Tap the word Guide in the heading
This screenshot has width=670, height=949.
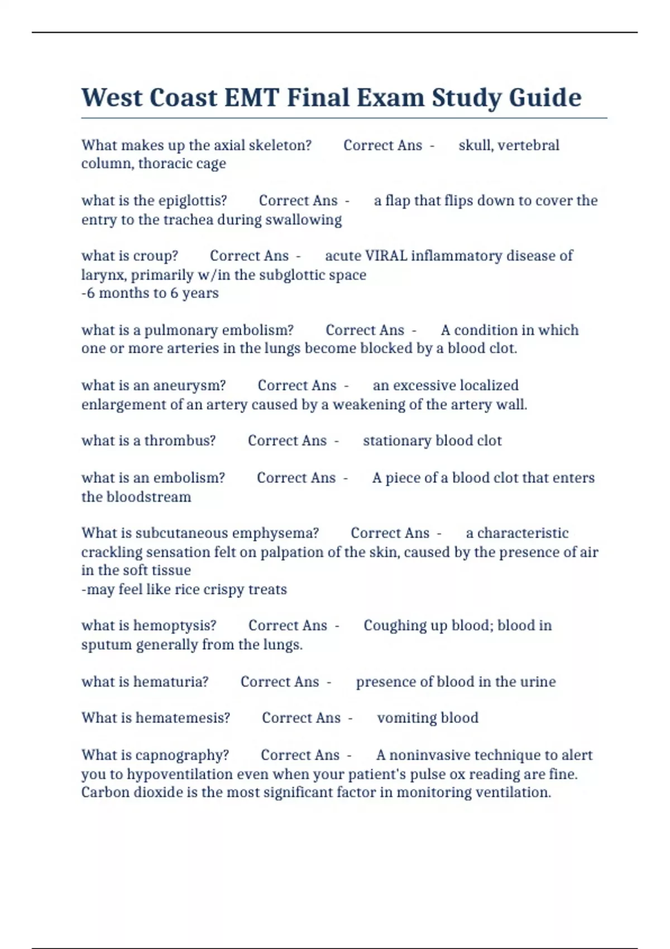545,98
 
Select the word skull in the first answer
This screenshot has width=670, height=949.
475,146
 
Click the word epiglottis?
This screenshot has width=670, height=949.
190,201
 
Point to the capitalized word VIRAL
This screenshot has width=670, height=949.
386,256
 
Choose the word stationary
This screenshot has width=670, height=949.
397,441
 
